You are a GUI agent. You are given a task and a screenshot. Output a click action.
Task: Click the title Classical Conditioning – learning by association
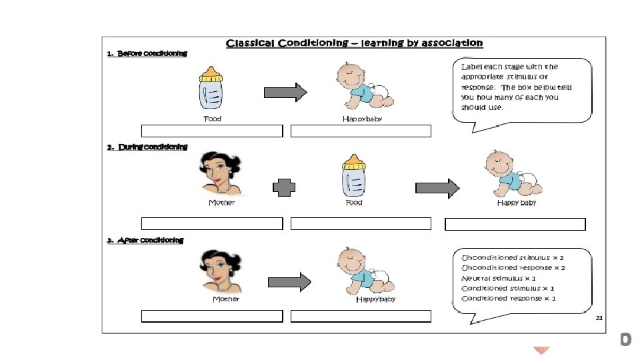354,43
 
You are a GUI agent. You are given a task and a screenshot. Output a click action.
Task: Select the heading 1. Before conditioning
147,54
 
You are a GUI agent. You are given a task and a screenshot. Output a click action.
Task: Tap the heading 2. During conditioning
147,147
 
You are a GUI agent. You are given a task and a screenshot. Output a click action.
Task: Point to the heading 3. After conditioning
145,240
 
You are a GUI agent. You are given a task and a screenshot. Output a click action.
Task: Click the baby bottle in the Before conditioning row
211,89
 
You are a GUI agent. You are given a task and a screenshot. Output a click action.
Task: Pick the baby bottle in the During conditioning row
353,176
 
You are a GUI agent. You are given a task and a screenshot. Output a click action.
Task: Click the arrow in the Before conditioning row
285,92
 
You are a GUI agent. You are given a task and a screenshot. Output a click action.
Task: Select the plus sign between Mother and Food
284,189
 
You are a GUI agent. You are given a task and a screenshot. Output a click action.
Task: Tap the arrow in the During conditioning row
437,189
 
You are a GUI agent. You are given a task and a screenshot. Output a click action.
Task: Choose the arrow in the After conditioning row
293,282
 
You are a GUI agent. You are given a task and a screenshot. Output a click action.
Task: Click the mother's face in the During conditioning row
220,175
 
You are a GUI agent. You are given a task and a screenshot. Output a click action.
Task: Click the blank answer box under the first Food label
212,131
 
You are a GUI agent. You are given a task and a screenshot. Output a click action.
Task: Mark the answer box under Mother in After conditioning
212,316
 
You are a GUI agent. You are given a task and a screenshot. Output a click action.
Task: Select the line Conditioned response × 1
509,298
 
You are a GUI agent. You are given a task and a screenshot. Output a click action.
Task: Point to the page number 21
599,319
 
